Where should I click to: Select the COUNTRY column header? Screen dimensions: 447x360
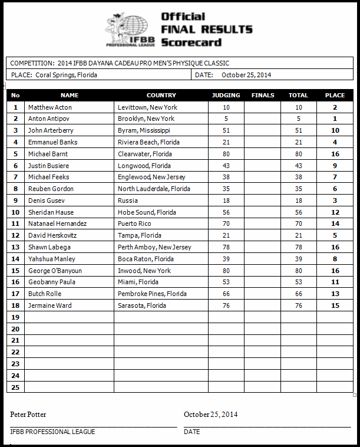click(x=161, y=95)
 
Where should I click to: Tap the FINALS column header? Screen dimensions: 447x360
click(x=262, y=95)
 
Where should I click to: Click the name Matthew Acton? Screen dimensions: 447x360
click(x=49, y=107)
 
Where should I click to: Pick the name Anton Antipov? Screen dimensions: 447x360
click(x=49, y=119)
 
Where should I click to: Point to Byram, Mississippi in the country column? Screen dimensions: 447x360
click(x=144, y=130)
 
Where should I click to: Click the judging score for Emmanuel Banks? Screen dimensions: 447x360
click(x=226, y=142)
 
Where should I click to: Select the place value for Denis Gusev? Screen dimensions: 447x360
click(x=335, y=201)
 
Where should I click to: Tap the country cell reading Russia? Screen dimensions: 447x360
click(x=127, y=201)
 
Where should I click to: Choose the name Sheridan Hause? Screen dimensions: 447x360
click(x=52, y=212)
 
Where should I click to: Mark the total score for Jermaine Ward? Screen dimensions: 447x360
click(x=298, y=305)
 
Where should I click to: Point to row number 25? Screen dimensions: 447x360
click(x=15, y=387)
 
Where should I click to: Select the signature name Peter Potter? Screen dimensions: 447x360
click(x=28, y=415)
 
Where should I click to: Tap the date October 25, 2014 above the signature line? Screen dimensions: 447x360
click(x=210, y=415)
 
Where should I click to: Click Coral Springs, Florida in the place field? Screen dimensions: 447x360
click(x=66, y=75)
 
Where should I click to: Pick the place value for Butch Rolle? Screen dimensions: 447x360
click(x=335, y=294)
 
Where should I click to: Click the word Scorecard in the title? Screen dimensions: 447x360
click(x=191, y=42)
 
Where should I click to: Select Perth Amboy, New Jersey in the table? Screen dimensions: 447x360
click(x=154, y=247)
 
